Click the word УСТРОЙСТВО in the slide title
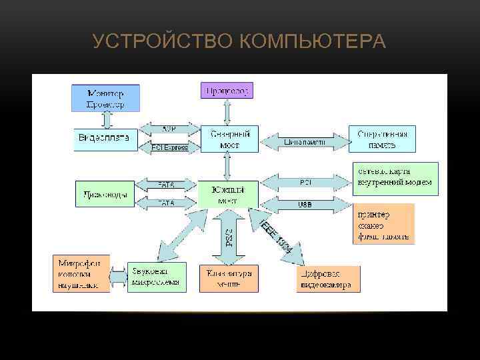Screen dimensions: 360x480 (x=162, y=42)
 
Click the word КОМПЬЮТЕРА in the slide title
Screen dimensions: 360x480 (x=311, y=42)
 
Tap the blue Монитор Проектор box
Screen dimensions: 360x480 (x=105, y=98)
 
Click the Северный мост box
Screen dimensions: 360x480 (x=225, y=139)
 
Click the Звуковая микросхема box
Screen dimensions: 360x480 (x=154, y=276)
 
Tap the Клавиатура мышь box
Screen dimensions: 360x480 (x=226, y=278)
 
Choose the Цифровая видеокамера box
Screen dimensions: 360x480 (x=328, y=279)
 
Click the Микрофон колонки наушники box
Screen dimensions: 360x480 (x=81, y=273)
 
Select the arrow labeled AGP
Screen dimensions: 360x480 (x=169, y=128)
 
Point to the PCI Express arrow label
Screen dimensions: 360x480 (x=169, y=147)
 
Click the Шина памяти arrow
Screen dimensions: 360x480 (x=305, y=141)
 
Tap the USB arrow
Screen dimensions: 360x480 (x=305, y=205)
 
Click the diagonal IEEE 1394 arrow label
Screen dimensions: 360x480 (x=275, y=235)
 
